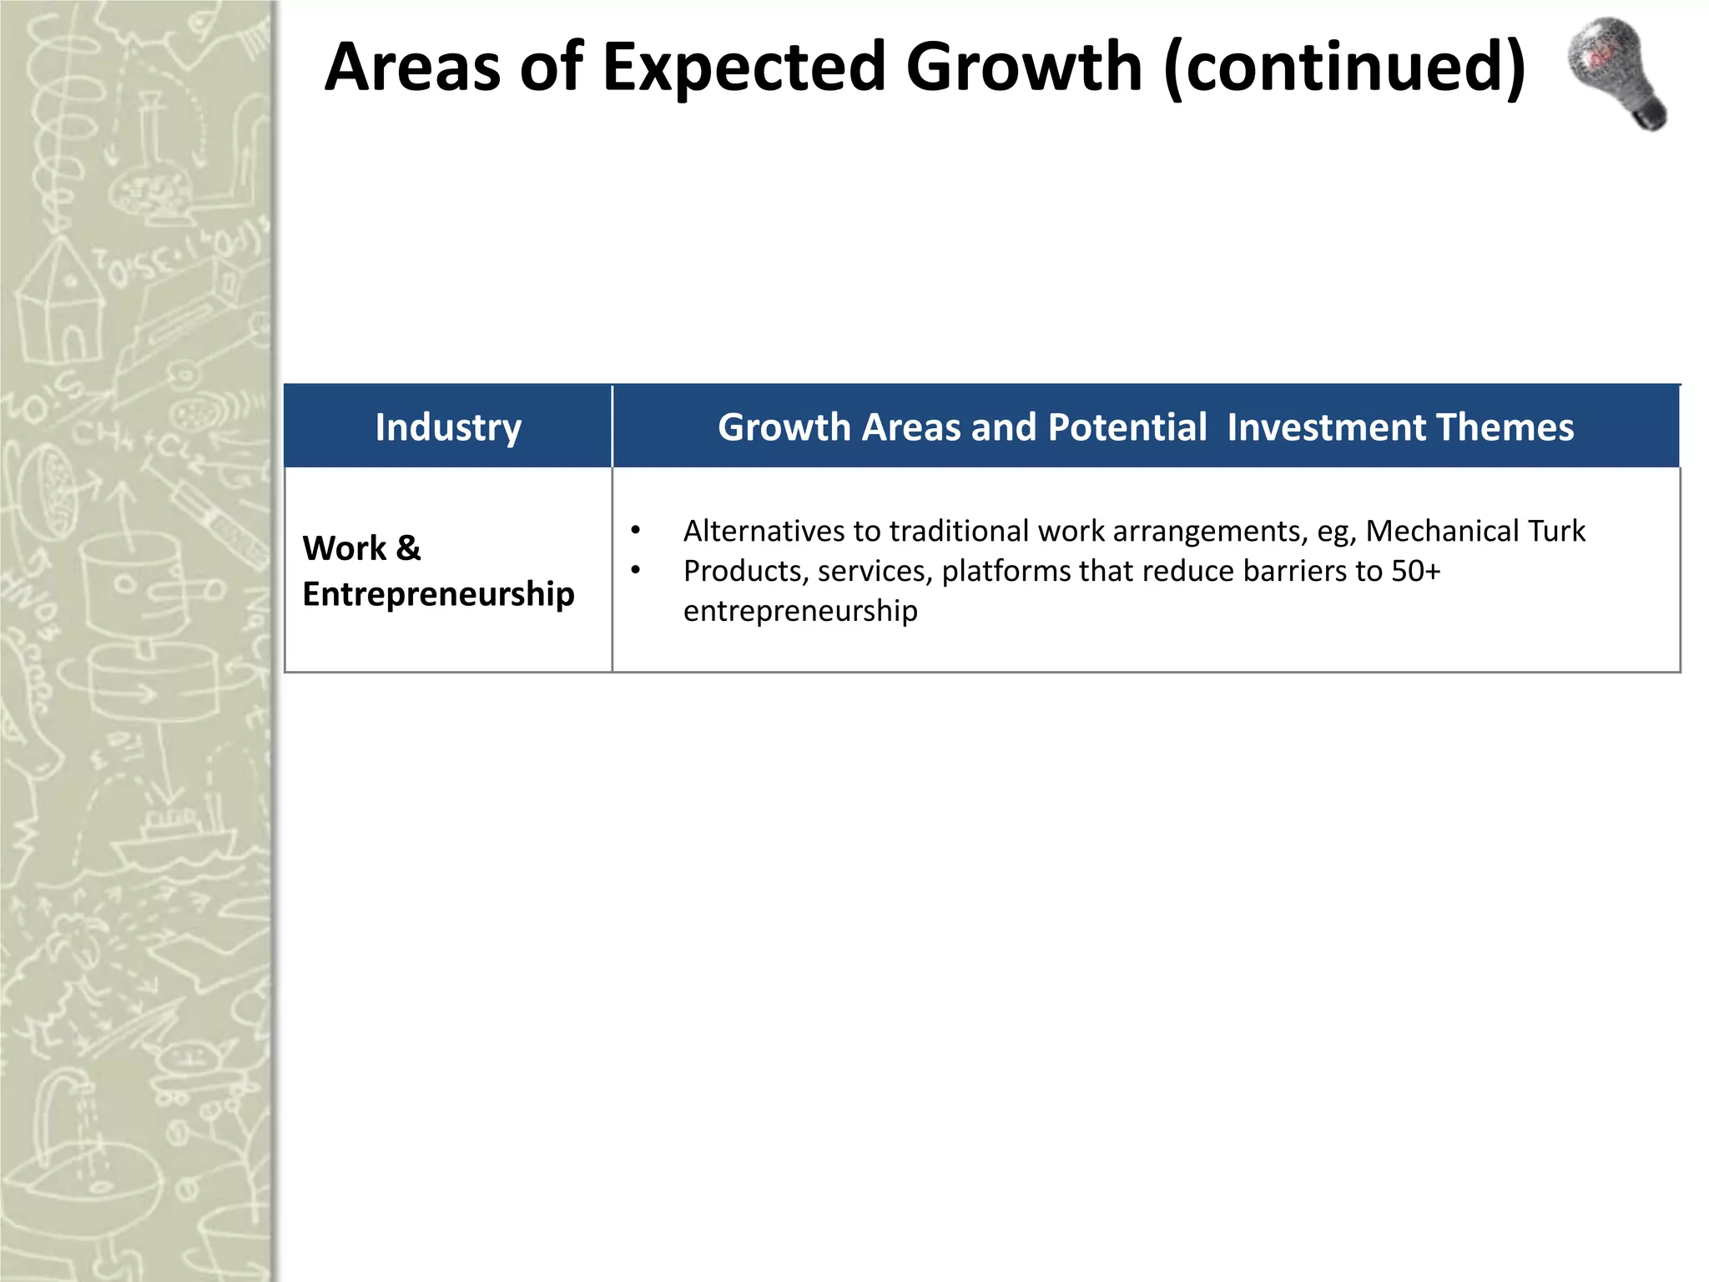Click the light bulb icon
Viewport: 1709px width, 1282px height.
[1616, 73]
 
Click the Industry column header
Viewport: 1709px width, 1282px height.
[448, 426]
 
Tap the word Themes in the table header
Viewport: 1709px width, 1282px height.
[1505, 426]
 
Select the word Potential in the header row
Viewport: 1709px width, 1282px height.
[1127, 426]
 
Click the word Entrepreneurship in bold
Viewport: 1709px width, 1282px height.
[438, 594]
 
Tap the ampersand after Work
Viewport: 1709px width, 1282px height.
[408, 548]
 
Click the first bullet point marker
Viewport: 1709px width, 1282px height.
[636, 531]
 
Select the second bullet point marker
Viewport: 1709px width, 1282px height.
[636, 571]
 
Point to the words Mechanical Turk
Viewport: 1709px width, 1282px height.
[1475, 531]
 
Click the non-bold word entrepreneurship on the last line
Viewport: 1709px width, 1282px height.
[800, 611]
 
